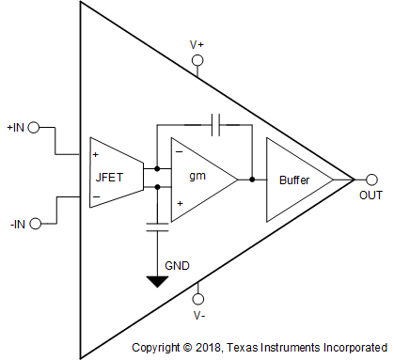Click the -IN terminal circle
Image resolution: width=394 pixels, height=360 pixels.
click(x=36, y=223)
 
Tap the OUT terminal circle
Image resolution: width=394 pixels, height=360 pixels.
click(x=371, y=179)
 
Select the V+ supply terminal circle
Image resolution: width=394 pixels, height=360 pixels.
click(x=197, y=62)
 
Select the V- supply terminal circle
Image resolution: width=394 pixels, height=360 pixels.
click(x=197, y=293)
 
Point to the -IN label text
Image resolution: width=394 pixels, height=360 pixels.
click(x=16, y=223)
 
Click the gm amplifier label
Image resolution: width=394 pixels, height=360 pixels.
click(x=197, y=176)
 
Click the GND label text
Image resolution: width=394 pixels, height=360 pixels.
click(x=177, y=266)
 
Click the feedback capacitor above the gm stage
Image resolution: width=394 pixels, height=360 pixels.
click(x=216, y=122)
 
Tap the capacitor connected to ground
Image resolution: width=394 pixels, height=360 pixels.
click(x=156, y=225)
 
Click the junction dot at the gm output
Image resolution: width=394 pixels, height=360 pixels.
click(x=252, y=178)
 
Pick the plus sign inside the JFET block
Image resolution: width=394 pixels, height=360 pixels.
click(x=96, y=152)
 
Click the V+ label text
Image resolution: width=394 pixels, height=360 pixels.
click(x=197, y=44)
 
